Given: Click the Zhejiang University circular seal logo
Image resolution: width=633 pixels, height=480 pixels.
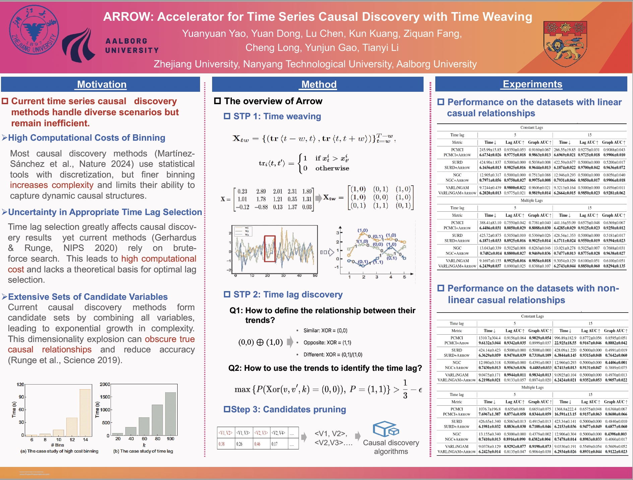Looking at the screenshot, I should coord(34,30).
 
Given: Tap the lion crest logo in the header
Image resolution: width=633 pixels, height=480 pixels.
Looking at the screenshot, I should coord(565,44).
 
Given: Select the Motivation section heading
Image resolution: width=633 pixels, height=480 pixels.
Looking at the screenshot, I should coord(102,84).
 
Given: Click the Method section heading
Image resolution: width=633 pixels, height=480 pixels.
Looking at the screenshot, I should coord(319,84).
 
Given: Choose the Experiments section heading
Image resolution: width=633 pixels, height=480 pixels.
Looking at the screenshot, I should coord(532,84).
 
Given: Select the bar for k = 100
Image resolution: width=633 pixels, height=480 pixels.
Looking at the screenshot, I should coord(171,413).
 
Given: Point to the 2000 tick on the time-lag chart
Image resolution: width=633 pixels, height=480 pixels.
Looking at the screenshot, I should coord(105,384).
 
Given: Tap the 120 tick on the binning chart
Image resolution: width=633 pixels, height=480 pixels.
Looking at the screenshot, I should coord(20,384).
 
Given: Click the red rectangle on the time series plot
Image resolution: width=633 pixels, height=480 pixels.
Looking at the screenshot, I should coord(270,248).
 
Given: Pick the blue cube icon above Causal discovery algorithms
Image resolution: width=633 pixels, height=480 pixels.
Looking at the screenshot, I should coord(386,429).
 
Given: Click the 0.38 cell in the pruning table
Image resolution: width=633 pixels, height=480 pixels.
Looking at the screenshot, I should coord(222,444).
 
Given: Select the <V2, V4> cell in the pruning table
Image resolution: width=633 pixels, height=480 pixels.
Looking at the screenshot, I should coord(278,433).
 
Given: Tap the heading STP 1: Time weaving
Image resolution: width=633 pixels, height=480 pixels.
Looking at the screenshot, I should coord(277,116).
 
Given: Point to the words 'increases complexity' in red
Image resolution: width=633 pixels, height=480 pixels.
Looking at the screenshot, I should coord(52,185).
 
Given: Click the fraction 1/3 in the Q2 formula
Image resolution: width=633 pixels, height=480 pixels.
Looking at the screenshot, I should coord(405,389).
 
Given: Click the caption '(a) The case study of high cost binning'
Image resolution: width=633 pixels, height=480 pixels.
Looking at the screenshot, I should coord(59,451).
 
